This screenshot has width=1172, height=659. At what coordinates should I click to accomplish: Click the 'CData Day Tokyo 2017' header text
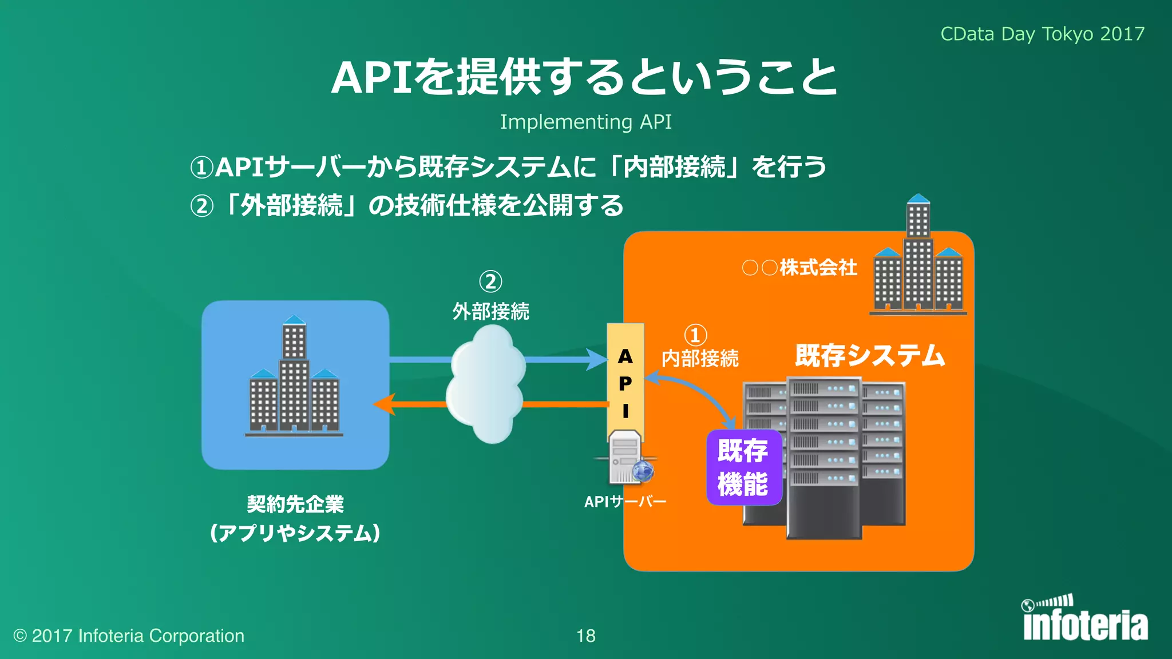tap(1042, 34)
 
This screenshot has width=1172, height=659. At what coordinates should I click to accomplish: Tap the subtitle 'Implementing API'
tap(585, 122)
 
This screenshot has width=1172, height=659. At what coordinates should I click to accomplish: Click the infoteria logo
tap(1084, 620)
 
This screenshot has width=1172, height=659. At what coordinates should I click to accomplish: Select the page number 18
tap(585, 636)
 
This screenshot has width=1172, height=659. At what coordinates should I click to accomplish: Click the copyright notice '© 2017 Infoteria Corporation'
tap(129, 636)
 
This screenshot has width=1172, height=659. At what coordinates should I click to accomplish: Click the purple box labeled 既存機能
tap(743, 467)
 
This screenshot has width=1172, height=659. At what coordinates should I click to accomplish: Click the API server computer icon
tap(627, 458)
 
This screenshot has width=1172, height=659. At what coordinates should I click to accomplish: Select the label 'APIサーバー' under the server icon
tap(625, 502)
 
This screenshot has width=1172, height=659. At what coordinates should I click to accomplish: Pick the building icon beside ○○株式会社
tap(918, 257)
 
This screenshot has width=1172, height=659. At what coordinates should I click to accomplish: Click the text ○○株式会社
tap(799, 267)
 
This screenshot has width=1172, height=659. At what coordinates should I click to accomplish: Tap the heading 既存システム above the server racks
tap(869, 355)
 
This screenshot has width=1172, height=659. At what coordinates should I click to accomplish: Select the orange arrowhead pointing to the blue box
tap(384, 404)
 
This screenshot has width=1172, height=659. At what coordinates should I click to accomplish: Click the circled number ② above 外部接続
tap(490, 281)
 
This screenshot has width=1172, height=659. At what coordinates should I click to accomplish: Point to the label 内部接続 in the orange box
tap(700, 359)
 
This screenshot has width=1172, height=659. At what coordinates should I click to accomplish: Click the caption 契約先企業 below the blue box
tap(295, 504)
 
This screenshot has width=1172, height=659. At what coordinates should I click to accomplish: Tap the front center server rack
tap(824, 458)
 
